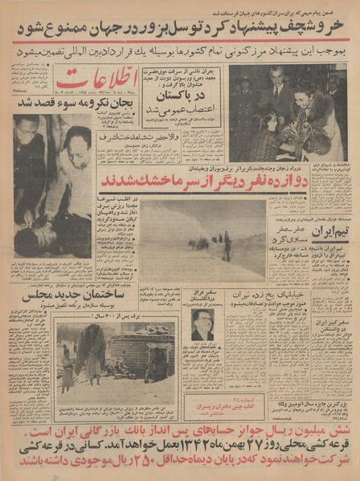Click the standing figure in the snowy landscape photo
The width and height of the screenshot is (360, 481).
pos(227,245)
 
